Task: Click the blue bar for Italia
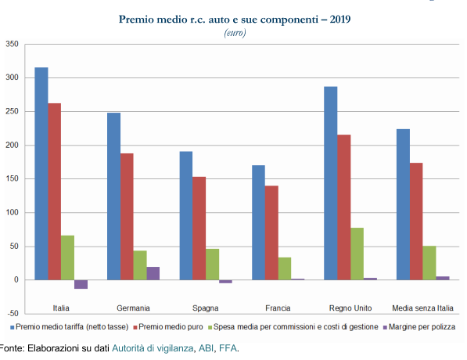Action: coord(41,174)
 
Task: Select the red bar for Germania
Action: coord(127,217)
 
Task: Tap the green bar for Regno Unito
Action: coord(357,254)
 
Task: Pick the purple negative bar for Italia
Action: coord(81,284)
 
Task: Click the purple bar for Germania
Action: coord(153,273)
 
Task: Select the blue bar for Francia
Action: coord(258,222)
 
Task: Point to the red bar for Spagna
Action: coord(199,229)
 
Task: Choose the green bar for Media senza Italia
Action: coord(429,263)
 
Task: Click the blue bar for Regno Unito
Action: coord(331,183)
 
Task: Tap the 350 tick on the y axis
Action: coord(13,44)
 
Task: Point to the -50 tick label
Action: coord(13,313)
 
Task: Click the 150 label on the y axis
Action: coord(13,178)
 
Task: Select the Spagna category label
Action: coord(205,308)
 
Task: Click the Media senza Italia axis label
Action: coord(422,308)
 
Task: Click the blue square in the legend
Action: coord(13,327)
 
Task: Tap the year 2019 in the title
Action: coord(340,20)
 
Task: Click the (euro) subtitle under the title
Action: coord(235,33)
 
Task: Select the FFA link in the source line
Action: coord(228,348)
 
